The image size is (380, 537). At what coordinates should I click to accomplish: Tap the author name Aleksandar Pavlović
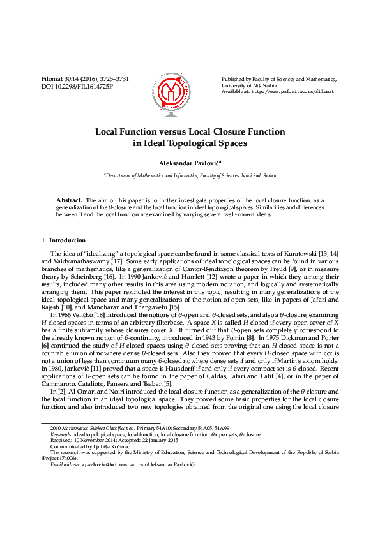(189, 164)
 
